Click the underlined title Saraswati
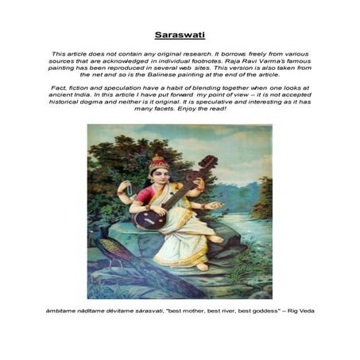(x=180, y=35)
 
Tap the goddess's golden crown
(x=159, y=163)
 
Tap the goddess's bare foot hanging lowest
(x=203, y=266)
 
